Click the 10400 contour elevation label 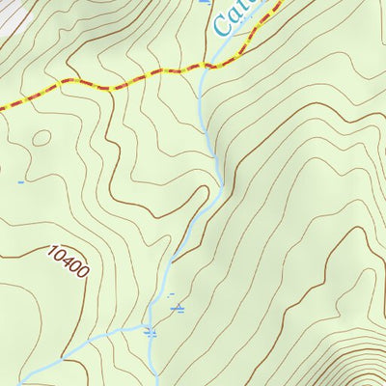pos(68,262)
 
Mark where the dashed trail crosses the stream pos(204,67)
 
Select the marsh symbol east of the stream pos(178,309)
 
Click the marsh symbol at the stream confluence pos(150,332)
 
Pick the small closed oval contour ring pos(40,138)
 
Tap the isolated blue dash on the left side pos(20,180)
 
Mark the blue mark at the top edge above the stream pos(204,3)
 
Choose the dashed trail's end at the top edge pos(283,3)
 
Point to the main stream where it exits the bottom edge pos(152,383)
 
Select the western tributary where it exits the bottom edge pos(60,383)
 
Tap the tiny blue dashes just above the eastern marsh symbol pos(171,294)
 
